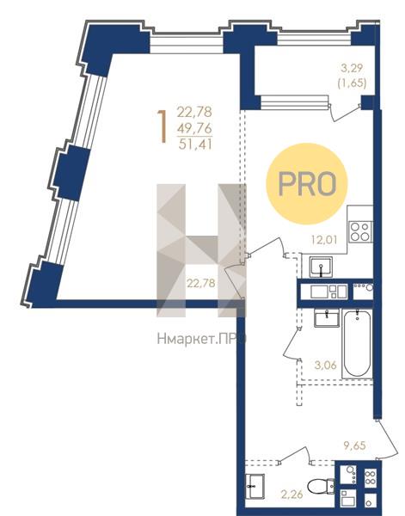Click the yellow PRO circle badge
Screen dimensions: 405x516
coord(307,184)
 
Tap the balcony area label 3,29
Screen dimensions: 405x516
coord(352,69)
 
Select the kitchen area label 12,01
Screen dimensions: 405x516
coord(324,239)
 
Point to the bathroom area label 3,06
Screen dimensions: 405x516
coord(326,365)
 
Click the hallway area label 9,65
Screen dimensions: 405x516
coord(354,445)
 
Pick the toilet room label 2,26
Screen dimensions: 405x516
coord(291,494)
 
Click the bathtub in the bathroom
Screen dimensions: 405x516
coord(358,343)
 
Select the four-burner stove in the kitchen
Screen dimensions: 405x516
coord(360,232)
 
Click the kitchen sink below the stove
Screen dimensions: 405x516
coord(321,267)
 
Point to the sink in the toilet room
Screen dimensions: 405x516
coord(255,486)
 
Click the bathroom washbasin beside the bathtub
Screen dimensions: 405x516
coord(327,318)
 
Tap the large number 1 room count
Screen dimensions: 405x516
coord(162,126)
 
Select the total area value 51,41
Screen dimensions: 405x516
coord(195,144)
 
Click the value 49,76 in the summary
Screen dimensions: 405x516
coord(194,128)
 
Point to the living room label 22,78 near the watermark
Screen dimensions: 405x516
coord(201,283)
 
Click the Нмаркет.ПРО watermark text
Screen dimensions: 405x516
coord(201,339)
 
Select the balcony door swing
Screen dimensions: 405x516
coord(345,113)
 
